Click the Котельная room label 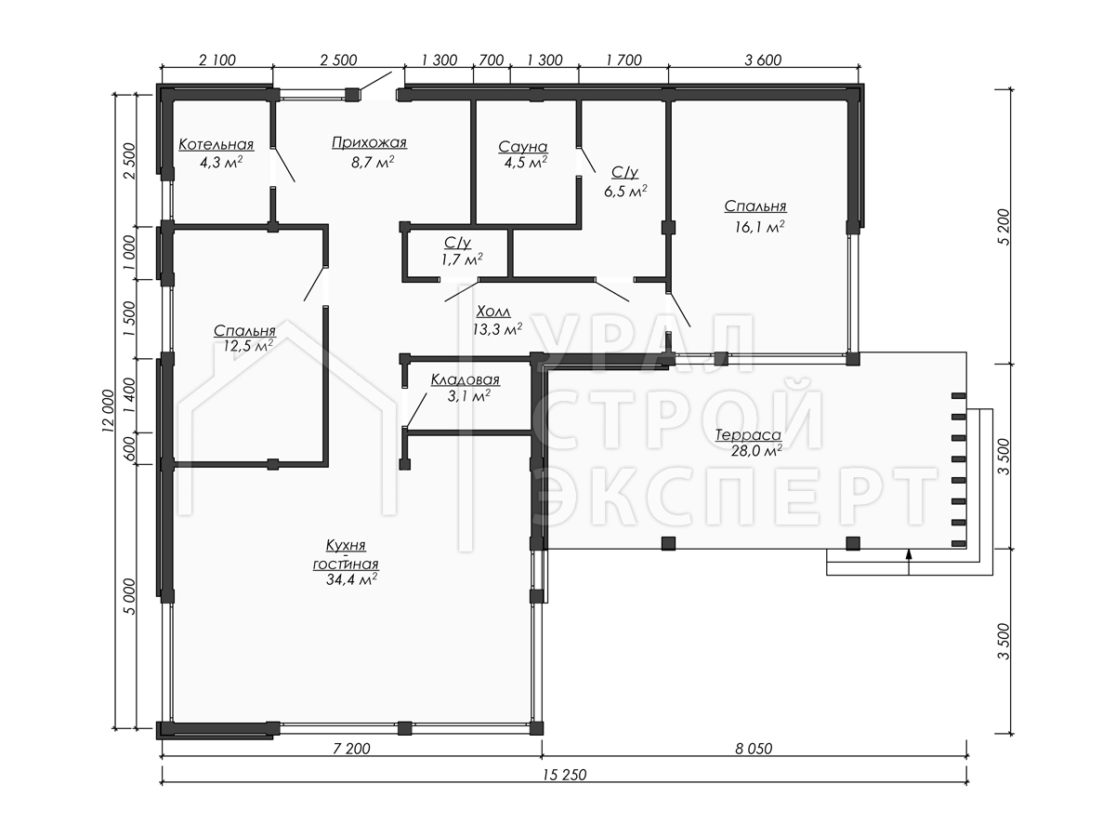(x=216, y=145)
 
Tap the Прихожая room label (x=369, y=143)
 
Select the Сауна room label (x=523, y=147)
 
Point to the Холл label (x=493, y=312)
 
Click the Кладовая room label (x=466, y=379)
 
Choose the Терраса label (x=748, y=435)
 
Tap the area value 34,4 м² (x=351, y=578)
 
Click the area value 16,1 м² (x=759, y=226)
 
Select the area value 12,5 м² (x=248, y=346)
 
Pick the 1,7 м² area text (x=462, y=259)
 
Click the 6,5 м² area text (x=625, y=192)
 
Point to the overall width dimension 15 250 (x=564, y=775)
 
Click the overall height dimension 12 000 (x=108, y=411)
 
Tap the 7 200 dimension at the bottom (x=351, y=748)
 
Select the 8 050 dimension (x=754, y=748)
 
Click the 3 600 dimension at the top (x=763, y=60)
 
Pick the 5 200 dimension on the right (x=1004, y=227)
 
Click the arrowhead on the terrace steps (x=909, y=554)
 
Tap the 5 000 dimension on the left (x=131, y=597)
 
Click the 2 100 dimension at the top (x=217, y=60)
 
